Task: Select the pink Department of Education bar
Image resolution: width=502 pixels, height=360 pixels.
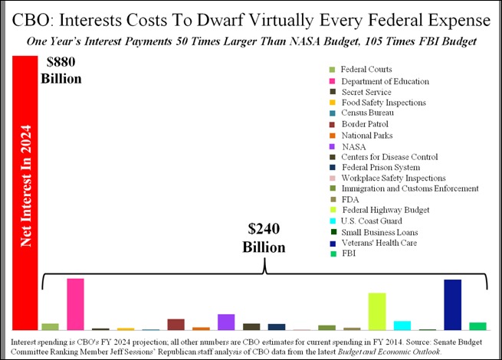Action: click(75, 304)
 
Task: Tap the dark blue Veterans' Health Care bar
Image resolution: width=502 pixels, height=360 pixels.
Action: click(452, 305)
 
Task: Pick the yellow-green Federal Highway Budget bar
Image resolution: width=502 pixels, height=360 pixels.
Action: click(376, 311)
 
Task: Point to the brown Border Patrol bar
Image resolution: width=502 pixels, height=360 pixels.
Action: click(176, 324)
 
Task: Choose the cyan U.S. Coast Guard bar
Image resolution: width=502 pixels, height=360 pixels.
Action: click(402, 326)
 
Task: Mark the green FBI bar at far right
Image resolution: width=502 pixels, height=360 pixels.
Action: click(477, 326)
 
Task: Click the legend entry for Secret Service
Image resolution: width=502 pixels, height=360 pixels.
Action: click(366, 92)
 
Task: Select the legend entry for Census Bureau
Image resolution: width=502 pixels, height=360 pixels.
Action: click(364, 113)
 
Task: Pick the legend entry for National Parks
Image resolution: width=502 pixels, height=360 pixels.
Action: click(366, 135)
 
